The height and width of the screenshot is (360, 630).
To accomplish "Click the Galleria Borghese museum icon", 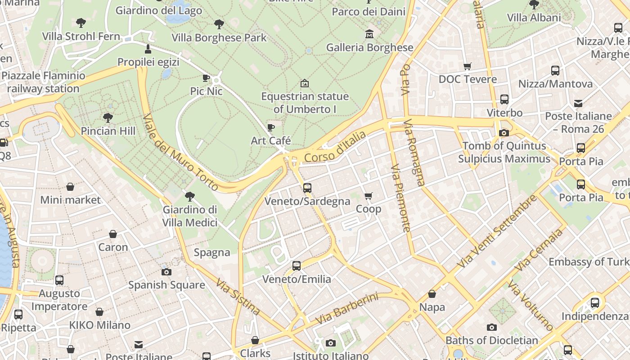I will pos(369,34).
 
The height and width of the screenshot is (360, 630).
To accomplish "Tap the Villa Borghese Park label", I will pos(219,37).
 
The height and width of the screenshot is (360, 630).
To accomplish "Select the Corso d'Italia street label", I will pos(335,147).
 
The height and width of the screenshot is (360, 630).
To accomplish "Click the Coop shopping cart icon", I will pos(368,196).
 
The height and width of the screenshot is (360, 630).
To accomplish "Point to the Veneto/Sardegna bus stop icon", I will pos(307,188).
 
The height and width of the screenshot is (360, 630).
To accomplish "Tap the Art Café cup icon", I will pos(270,127).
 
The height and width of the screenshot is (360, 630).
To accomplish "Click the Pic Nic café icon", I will pos(206,78).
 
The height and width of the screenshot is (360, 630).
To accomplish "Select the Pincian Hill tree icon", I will pos(108,118).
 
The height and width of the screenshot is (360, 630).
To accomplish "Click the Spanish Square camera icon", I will pos(166,272).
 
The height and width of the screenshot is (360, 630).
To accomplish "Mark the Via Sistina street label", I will pos(238,297).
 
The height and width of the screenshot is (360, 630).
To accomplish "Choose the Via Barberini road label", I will pos(346,309).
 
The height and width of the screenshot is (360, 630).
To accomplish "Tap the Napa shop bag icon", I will pos(432,294).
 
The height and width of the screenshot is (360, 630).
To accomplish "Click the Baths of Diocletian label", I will pos(491,340).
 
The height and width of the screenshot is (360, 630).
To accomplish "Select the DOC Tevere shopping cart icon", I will pos(468,66).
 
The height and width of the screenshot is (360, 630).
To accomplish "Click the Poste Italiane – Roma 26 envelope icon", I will pos(578,103).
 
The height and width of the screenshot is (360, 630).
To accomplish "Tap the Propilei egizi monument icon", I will pos(148,49).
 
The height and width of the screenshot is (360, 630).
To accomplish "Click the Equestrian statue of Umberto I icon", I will pos(305,83).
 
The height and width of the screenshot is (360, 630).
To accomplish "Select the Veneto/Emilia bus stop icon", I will pos(297,266).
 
